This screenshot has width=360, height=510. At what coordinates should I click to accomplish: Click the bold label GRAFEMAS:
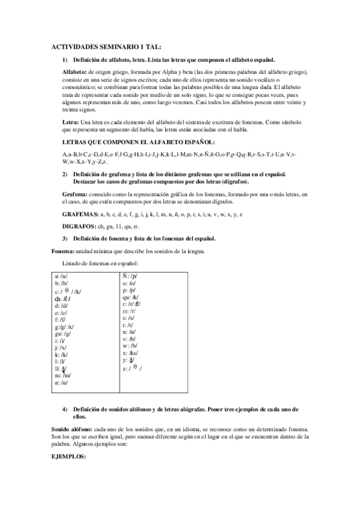point(80,215)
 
